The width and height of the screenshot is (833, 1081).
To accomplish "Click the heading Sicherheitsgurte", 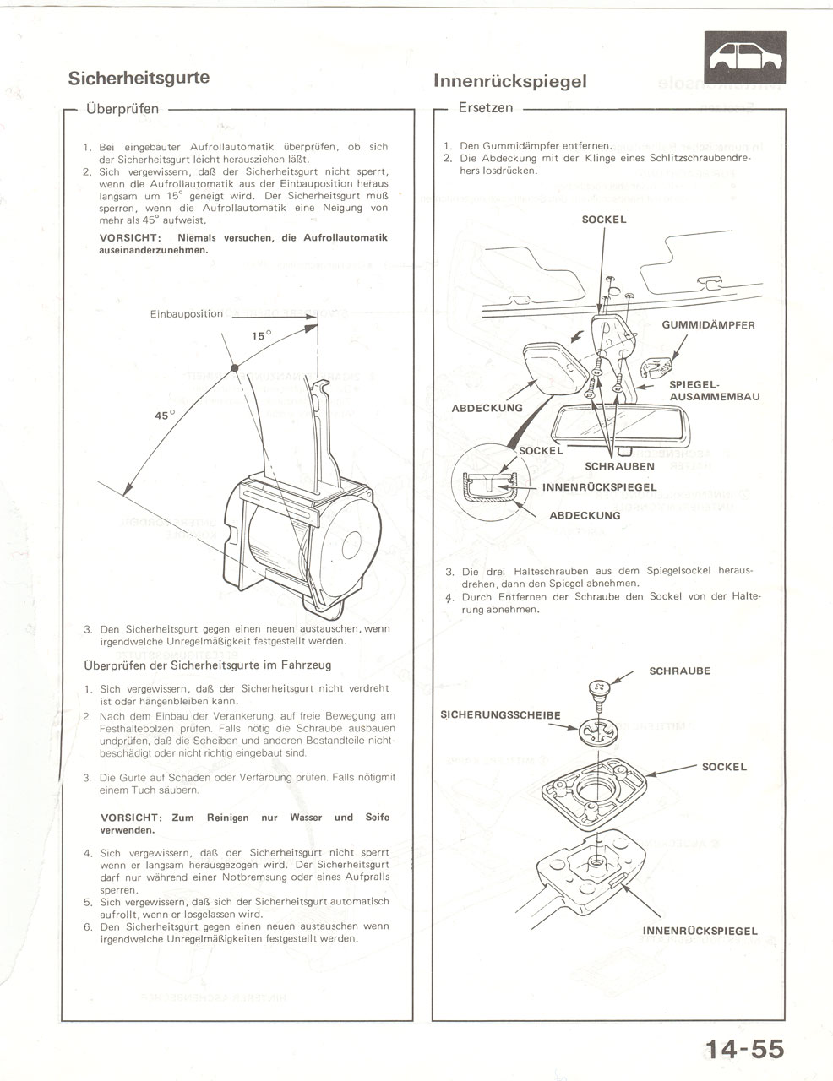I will (139, 78).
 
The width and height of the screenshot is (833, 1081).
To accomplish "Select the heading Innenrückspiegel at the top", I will (509, 81).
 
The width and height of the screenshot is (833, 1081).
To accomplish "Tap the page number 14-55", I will (745, 1050).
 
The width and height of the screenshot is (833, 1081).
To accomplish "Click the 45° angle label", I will (164, 416).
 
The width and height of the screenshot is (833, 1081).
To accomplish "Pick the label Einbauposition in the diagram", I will (187, 314).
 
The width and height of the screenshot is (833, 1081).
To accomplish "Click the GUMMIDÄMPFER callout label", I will (708, 324).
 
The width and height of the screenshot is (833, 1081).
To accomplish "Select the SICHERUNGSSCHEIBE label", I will (501, 715).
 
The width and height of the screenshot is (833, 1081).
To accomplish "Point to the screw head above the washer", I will (597, 690).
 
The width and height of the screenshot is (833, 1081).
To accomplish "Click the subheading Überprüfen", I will (122, 109).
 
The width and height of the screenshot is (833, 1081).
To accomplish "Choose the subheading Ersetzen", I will (485, 108).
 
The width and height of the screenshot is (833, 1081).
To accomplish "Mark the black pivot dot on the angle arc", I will (236, 366).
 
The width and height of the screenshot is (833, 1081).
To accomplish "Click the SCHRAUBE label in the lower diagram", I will (679, 671).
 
